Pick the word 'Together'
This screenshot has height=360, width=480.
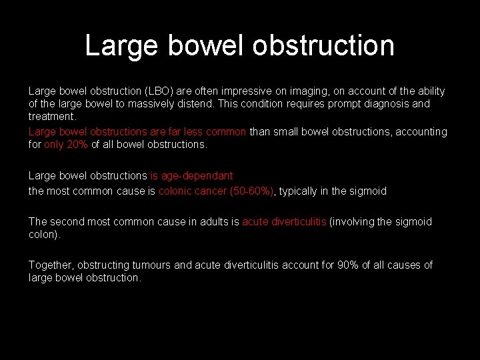pos(51,265)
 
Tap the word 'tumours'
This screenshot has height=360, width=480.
pos(171,265)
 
